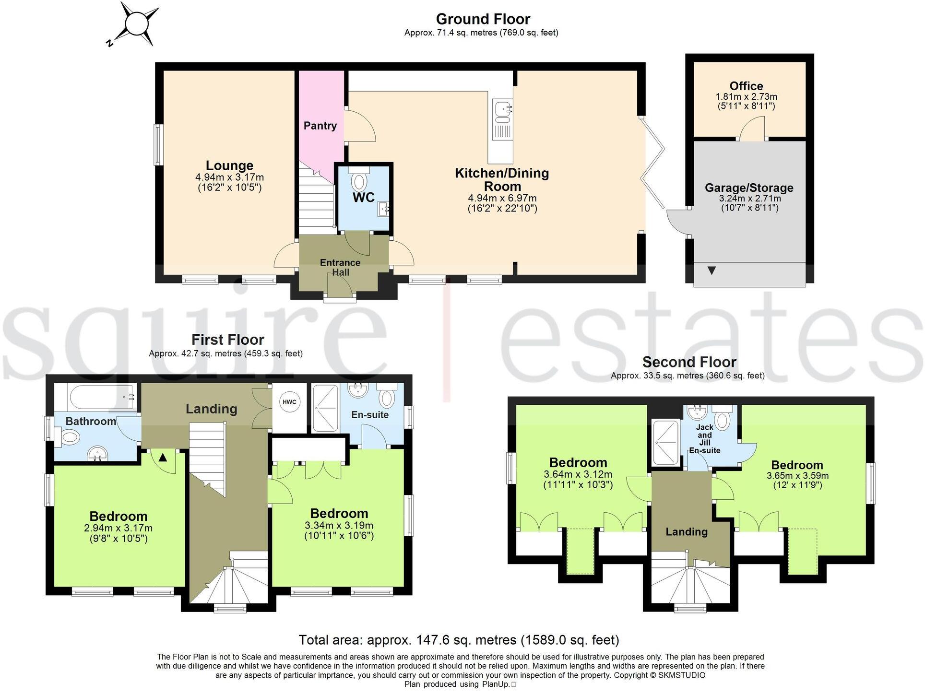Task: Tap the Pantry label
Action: click(320, 126)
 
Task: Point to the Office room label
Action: click(746, 86)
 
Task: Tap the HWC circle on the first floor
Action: click(289, 402)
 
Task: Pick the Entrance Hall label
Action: click(340, 267)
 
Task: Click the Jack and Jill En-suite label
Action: click(704, 438)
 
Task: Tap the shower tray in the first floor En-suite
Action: click(325, 407)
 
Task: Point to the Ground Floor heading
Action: click(483, 19)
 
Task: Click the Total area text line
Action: click(459, 640)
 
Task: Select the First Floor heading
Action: click(227, 340)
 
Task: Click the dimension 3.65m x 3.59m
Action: click(797, 476)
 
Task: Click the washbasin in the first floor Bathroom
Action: click(98, 453)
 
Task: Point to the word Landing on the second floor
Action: click(686, 531)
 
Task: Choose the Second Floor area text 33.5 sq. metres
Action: click(688, 376)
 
